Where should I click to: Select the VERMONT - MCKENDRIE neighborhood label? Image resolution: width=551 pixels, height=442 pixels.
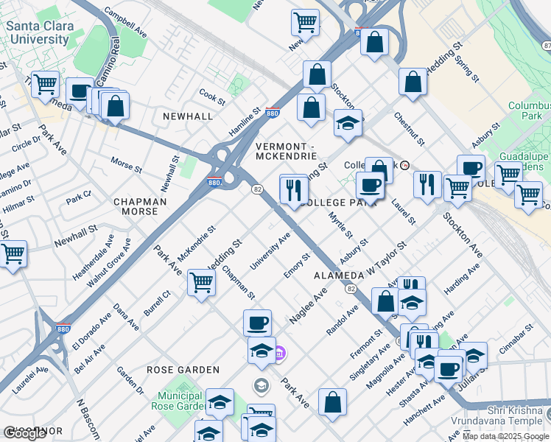[287, 151]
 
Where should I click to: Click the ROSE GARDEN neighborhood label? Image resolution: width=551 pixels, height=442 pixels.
[183, 370]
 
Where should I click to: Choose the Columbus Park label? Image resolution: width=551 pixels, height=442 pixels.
[529, 110]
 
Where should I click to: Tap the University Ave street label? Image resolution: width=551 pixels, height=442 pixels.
[270, 250]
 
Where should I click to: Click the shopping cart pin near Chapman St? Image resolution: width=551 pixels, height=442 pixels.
[201, 282]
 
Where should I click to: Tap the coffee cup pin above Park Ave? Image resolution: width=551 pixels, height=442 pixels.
[257, 323]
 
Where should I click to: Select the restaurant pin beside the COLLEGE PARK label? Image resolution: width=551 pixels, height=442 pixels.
[293, 189]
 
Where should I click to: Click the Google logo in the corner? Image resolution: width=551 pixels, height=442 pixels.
[24, 433]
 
